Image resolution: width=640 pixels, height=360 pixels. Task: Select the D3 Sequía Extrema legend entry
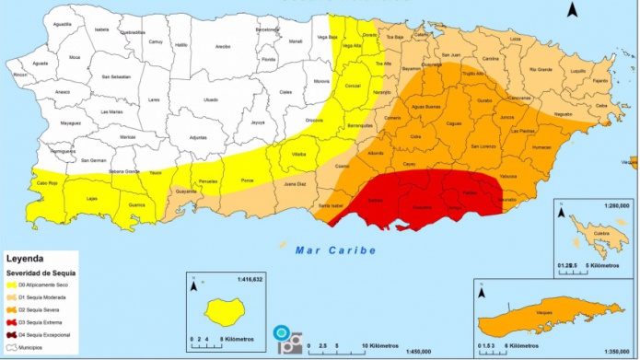[41, 323]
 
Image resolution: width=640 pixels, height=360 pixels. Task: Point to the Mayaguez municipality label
[64, 122]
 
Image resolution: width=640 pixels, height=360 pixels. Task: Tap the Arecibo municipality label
[222, 71]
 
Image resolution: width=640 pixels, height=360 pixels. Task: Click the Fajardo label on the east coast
[600, 80]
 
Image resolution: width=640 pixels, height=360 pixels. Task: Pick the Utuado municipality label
[211, 99]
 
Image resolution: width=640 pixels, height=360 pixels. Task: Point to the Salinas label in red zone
[376, 200]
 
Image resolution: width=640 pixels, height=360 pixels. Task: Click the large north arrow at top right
[572, 10]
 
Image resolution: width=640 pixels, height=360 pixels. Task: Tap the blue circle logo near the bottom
[280, 332]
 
